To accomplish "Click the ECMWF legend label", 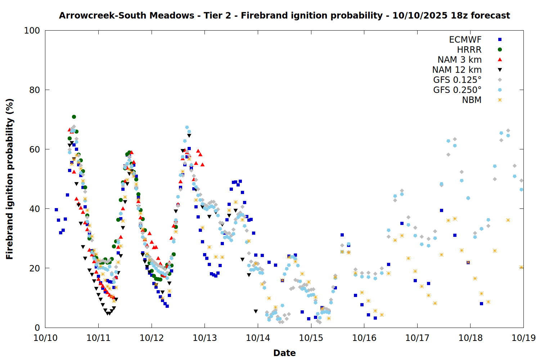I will pos(465,40).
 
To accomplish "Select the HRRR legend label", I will pos(469,50).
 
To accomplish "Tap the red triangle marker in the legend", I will pos(500,59).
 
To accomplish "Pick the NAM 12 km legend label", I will pos(457,70).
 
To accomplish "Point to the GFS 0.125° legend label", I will pos(457,80).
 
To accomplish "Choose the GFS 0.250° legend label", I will pos(457,90).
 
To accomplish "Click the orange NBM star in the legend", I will pos(500,100).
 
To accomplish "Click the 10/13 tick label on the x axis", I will pos(205,338).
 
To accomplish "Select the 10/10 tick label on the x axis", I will pos(45,338).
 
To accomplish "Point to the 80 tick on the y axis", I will pos(35,90).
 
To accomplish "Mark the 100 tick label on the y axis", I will pos(32,31).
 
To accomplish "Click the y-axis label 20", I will pos(35,268).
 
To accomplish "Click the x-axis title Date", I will pos(284,353).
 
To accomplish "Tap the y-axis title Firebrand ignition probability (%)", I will pos(9,179).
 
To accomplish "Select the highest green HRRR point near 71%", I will pos(74,117).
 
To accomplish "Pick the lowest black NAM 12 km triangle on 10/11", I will pos(108,314).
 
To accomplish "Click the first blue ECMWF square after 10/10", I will pos(56,210).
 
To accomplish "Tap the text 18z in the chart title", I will pos(459,15).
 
